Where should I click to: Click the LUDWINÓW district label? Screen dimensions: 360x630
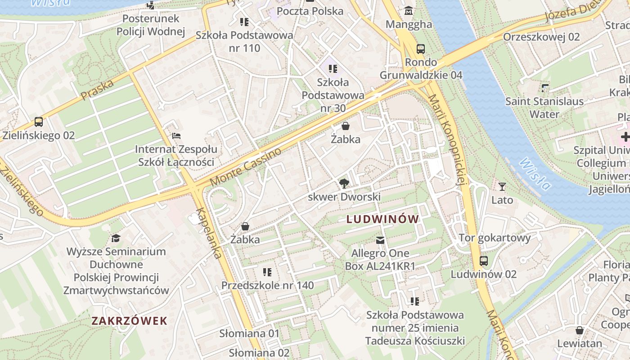(x=383, y=219)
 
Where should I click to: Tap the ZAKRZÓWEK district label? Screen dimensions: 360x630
(x=129, y=321)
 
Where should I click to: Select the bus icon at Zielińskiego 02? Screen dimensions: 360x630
(x=39, y=121)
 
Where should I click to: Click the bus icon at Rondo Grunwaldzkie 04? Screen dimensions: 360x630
(x=421, y=49)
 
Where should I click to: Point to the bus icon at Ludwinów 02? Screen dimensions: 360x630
(x=484, y=261)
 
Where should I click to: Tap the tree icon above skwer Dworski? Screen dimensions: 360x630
(x=344, y=183)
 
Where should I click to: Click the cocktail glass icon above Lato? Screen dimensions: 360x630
(x=502, y=186)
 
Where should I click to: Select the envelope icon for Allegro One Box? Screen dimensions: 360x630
(x=380, y=240)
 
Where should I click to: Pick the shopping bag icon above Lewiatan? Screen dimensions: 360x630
(x=580, y=330)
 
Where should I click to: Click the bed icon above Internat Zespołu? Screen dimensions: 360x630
(x=176, y=135)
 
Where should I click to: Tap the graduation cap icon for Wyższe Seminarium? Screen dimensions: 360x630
(x=116, y=238)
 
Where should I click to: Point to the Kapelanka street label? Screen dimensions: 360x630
(x=209, y=234)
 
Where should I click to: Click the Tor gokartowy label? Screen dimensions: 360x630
(x=495, y=237)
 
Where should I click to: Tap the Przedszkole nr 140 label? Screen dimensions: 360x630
(x=267, y=285)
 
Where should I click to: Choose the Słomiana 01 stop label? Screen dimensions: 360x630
(x=249, y=333)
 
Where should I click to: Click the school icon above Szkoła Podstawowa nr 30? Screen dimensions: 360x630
(x=333, y=69)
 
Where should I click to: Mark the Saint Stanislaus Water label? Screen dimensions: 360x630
(x=544, y=108)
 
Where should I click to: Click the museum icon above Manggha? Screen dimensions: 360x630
(x=409, y=10)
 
